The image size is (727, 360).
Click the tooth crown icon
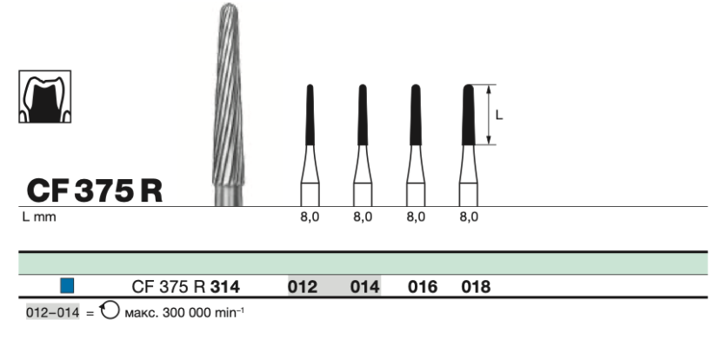pyautogui.click(x=45, y=97)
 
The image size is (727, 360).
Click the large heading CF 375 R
pyautogui.click(x=95, y=190)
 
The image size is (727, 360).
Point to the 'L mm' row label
pyautogui.click(x=39, y=217)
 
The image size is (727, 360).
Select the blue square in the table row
pyautogui.click(x=67, y=285)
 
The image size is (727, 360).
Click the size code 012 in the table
pyautogui.click(x=303, y=287)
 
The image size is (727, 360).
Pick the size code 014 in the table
pyautogui.click(x=364, y=287)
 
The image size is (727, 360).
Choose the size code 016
pyautogui.click(x=423, y=287)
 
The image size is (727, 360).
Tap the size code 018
pyautogui.click(x=476, y=287)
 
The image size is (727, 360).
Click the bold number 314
pyautogui.click(x=225, y=287)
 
